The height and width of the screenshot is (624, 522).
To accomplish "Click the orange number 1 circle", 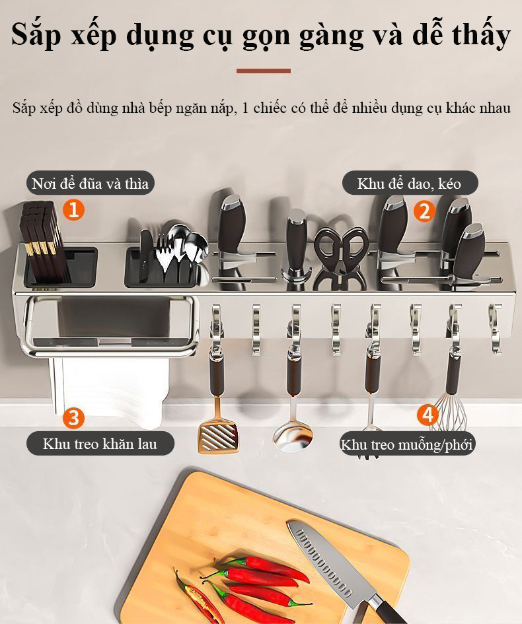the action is tap(73, 209).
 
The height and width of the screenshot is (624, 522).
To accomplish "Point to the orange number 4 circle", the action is tap(428, 415).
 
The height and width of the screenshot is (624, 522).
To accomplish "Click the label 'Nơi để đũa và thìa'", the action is tap(90, 184).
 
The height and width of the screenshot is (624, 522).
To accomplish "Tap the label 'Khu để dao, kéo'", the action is tap(409, 184).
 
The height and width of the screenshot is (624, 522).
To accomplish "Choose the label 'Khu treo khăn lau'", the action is tap(100, 443).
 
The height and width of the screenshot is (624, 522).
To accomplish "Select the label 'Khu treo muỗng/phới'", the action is tap(407, 444).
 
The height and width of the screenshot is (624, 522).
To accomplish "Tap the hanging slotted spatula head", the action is tap(218, 436).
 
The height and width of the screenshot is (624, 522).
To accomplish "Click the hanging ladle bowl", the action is tap(293, 436).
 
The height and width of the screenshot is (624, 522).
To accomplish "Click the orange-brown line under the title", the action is tap(264, 71).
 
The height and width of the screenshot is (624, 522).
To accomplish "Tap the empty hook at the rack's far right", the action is tap(495, 328).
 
